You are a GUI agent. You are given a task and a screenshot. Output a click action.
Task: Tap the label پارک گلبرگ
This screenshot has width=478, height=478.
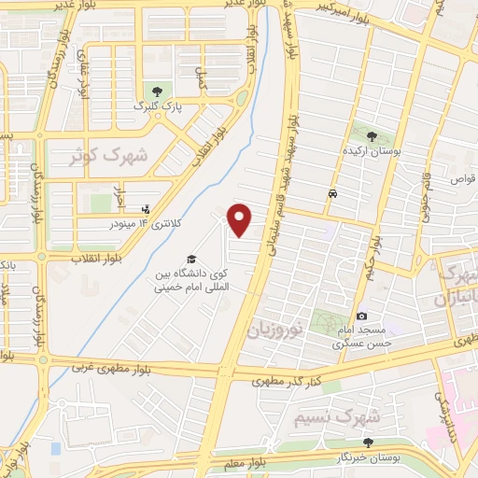point(156,107)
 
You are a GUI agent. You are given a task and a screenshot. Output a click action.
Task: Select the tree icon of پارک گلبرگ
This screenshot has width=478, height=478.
point(157,91)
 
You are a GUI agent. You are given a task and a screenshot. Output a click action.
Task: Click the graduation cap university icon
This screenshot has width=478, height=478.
point(190,258)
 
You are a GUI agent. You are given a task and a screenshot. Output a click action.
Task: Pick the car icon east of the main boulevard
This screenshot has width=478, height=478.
point(332,193)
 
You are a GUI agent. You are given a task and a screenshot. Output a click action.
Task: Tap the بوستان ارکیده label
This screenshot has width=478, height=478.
point(374,150)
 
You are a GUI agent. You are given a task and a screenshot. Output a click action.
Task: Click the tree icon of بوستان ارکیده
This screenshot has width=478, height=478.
point(373,134)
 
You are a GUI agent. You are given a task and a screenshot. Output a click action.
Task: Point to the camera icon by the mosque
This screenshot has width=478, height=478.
point(361,316)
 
